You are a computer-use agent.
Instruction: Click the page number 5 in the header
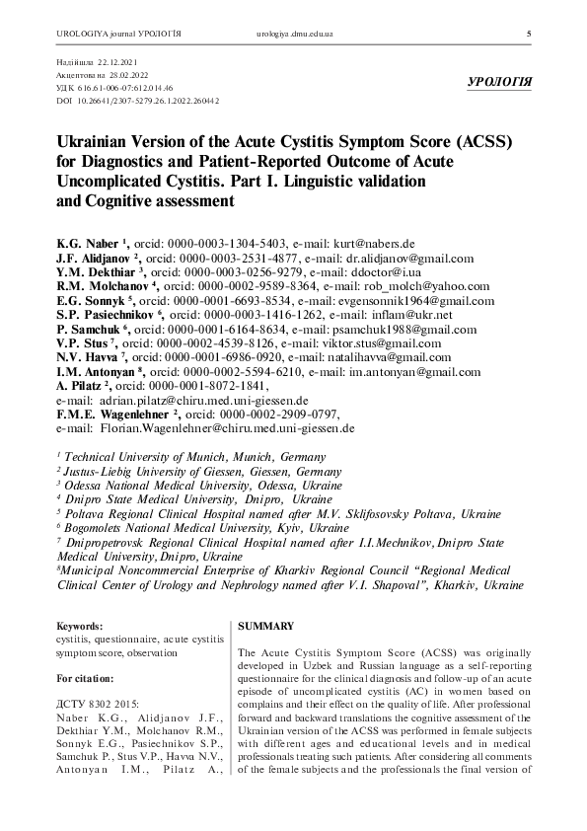point(531,35)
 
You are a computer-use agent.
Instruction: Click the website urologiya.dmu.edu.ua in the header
point(307,35)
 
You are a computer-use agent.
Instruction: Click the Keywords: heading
point(80,626)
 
